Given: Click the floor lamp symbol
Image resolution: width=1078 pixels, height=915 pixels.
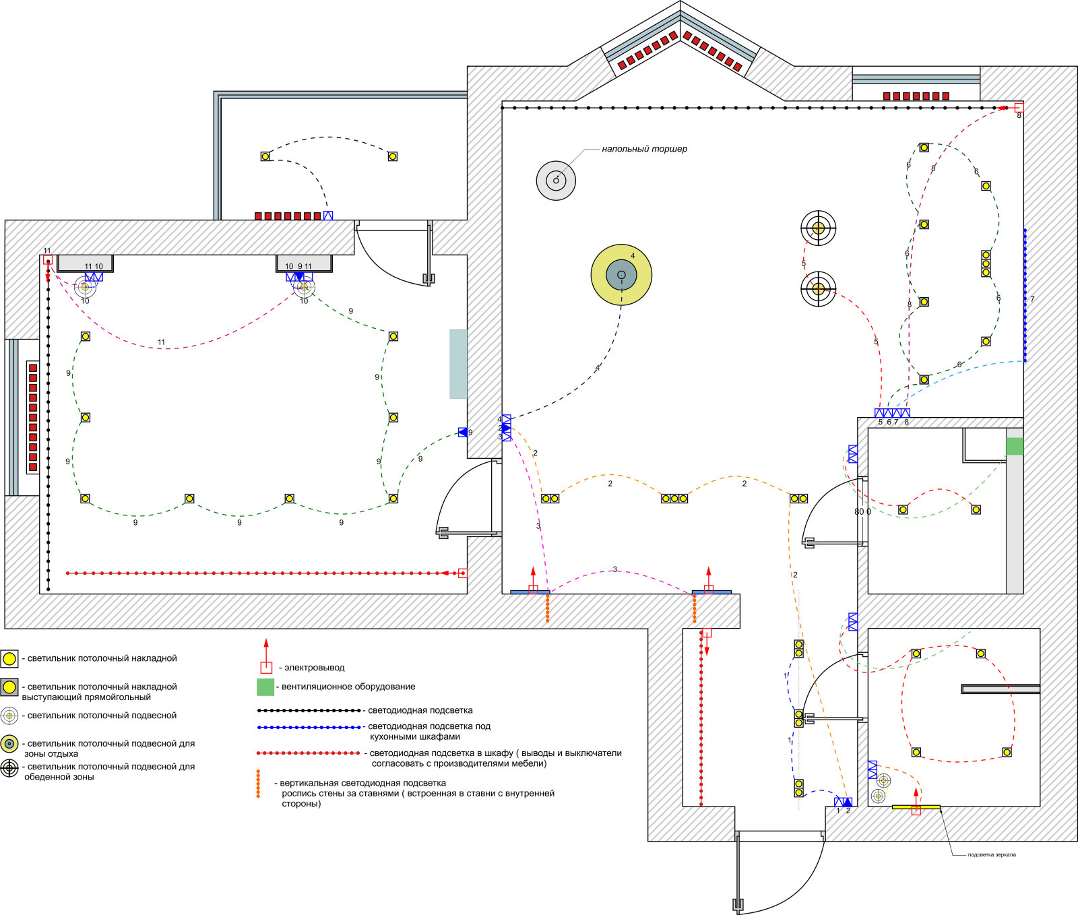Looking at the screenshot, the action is (556, 180).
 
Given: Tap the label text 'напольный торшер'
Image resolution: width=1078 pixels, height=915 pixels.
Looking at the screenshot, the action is (644, 149).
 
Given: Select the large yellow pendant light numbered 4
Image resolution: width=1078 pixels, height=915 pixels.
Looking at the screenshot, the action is (621, 275).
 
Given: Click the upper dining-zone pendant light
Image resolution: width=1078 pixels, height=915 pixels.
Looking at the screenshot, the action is (818, 228).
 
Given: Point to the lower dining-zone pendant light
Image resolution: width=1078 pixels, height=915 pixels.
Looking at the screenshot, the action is (818, 289).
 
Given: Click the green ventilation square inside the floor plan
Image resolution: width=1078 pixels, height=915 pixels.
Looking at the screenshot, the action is (1015, 446).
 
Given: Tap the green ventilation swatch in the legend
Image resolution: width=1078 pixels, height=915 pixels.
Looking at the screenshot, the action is (265, 687).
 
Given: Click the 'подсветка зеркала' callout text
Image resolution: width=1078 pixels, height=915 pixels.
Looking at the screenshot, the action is (992, 855).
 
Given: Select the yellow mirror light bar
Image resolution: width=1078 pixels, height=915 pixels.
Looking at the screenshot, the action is (916, 807).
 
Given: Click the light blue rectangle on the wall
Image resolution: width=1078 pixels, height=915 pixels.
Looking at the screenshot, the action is (459, 364).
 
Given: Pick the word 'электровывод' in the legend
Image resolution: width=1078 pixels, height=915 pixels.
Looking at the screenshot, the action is (315, 668).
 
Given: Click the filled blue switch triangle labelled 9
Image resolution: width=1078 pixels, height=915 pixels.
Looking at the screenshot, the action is (463, 433).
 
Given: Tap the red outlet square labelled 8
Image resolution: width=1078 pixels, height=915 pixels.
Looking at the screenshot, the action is (1019, 107).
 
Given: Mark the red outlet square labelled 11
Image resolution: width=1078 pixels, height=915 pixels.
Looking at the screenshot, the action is (47, 260).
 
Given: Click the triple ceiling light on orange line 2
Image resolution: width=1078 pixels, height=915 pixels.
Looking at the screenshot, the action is (674, 499).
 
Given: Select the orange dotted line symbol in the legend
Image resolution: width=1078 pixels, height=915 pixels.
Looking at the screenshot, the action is (258, 784).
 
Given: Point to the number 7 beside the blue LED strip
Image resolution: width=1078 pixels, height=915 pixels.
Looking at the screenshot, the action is (1032, 299).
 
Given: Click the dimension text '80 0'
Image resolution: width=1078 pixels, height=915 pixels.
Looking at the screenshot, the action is (862, 512).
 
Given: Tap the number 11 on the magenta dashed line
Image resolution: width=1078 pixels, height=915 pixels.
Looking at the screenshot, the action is (161, 342).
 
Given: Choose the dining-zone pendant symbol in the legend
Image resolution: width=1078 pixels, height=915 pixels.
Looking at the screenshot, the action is (9, 768).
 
